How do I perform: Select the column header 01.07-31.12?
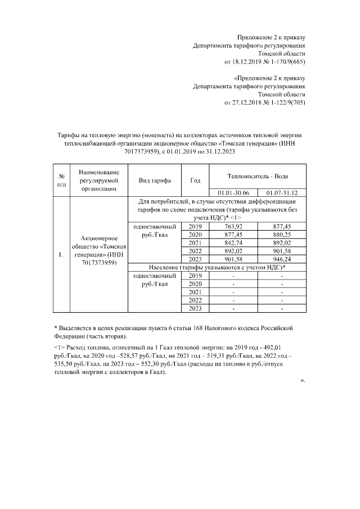282,192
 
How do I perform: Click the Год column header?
195,181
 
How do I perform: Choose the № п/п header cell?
61,180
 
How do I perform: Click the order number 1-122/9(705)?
285,103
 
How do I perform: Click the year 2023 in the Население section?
195,309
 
